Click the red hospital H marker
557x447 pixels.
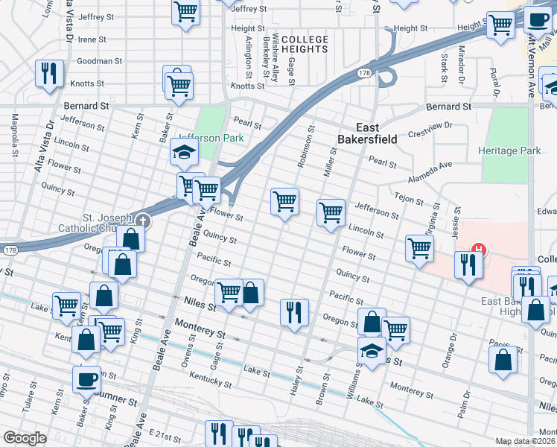(480, 250)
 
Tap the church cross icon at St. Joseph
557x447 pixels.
(142, 221)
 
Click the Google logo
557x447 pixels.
(25, 438)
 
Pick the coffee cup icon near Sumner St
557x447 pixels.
(86, 378)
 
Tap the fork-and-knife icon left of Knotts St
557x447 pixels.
(49, 73)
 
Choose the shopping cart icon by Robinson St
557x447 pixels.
(284, 200)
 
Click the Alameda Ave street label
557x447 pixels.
(430, 173)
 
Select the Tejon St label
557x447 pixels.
(409, 198)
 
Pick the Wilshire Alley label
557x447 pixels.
(275, 57)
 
